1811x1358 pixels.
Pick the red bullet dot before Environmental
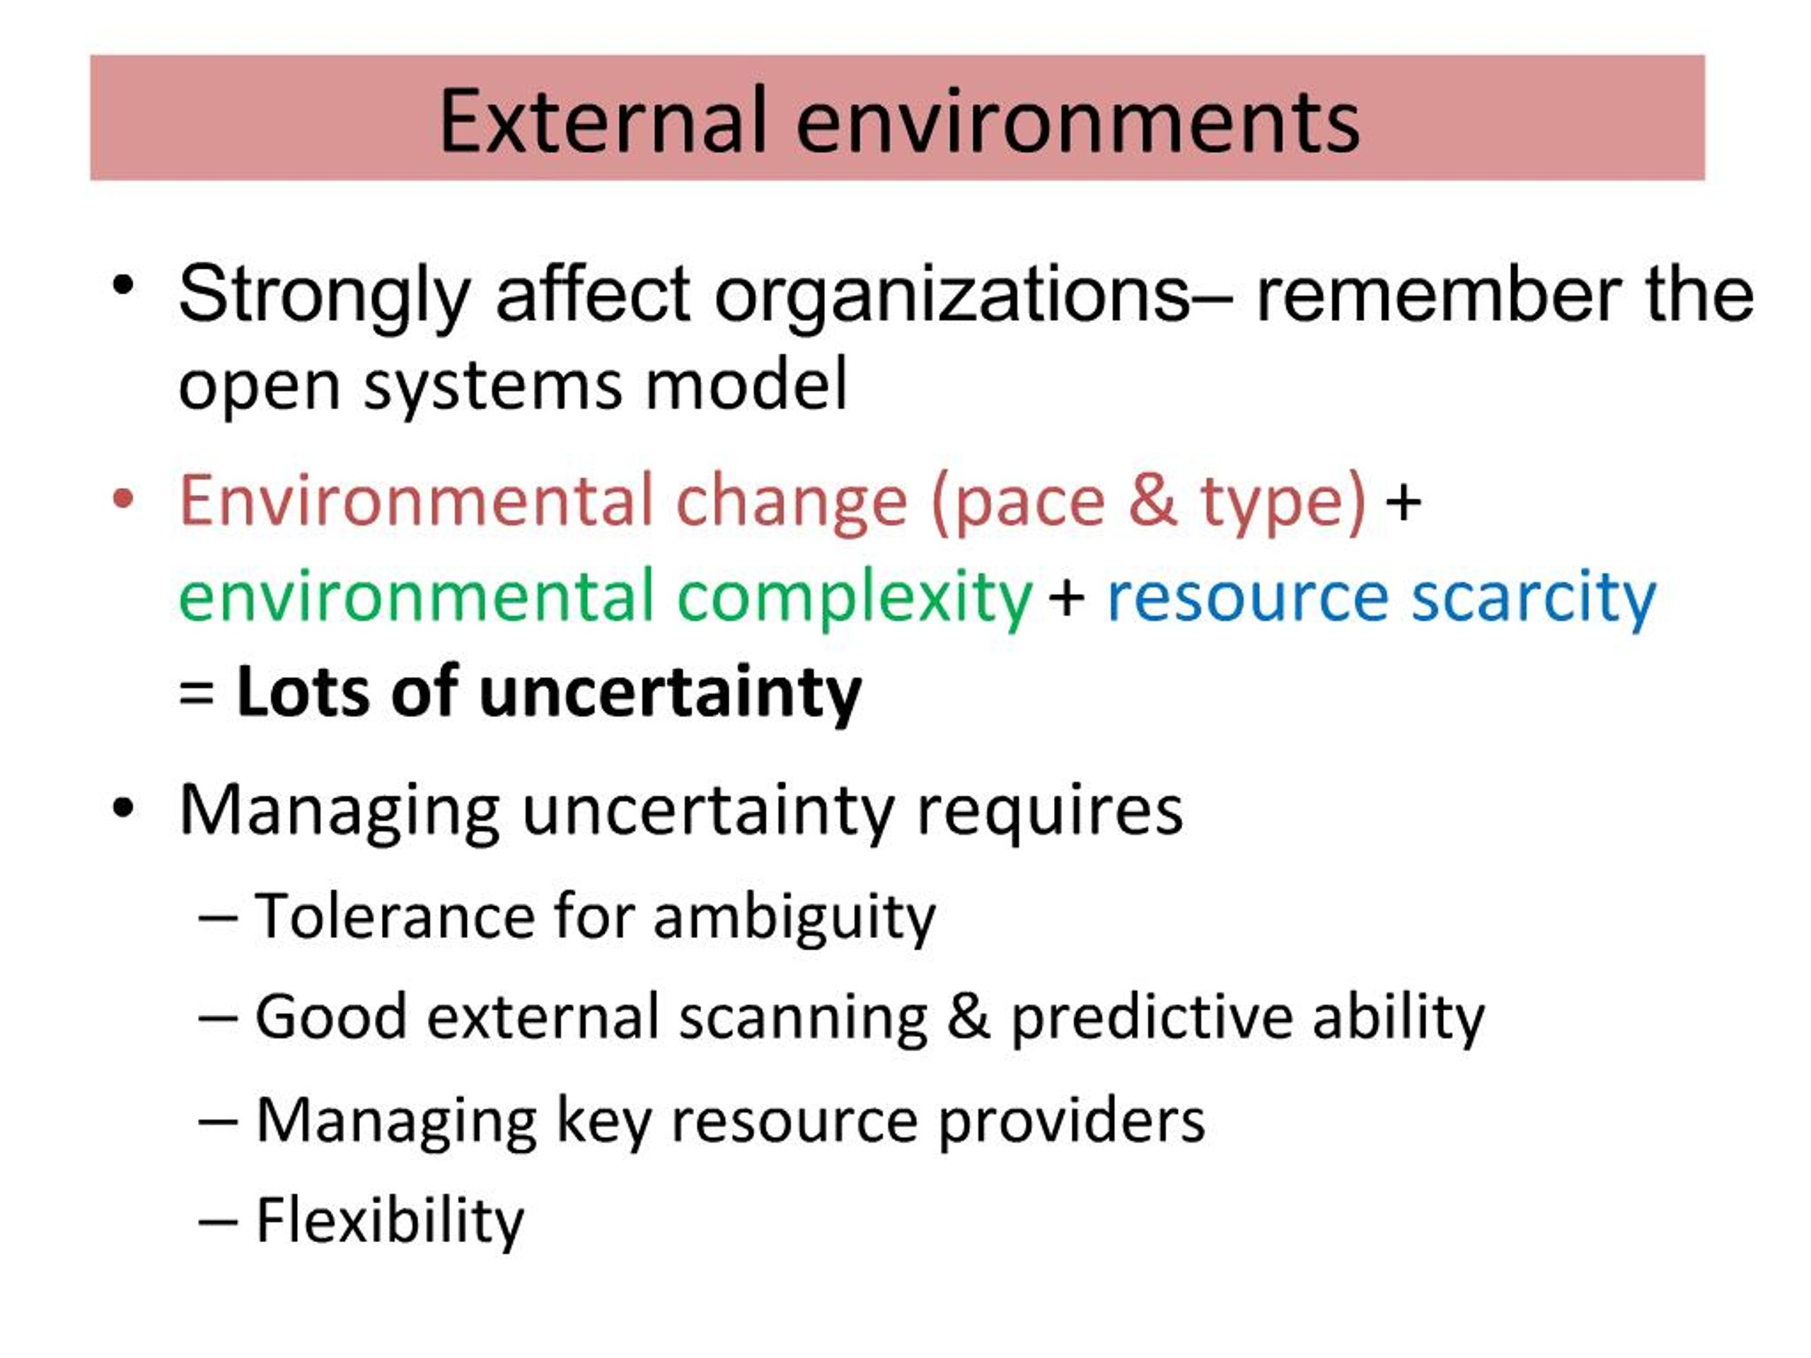123,499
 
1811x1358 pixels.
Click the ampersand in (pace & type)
1153,500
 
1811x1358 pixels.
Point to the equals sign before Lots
197,694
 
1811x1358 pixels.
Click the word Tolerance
395,916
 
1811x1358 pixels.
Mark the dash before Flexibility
218,1223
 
